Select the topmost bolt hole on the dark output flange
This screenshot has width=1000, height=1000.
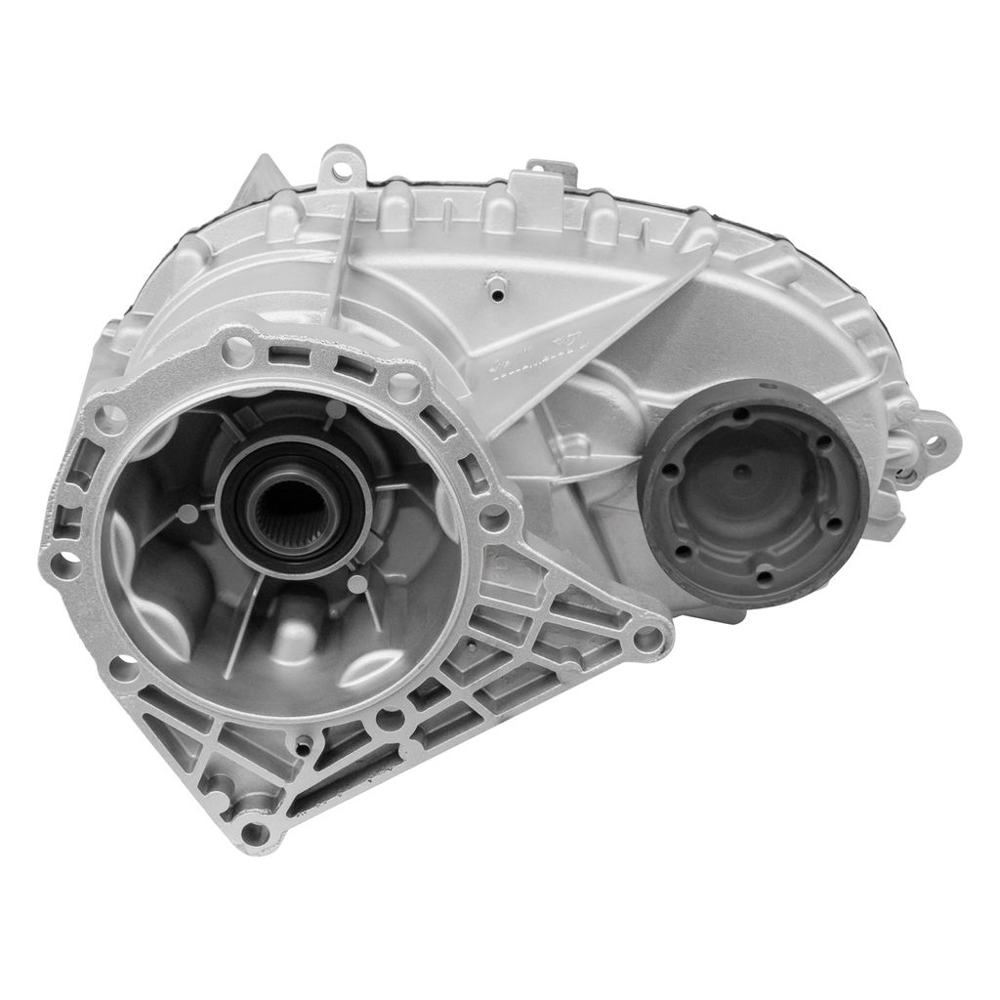[741, 413]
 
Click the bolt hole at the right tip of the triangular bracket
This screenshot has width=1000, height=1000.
[646, 640]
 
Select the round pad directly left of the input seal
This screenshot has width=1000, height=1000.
[207, 509]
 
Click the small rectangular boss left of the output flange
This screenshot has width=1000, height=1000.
[576, 446]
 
